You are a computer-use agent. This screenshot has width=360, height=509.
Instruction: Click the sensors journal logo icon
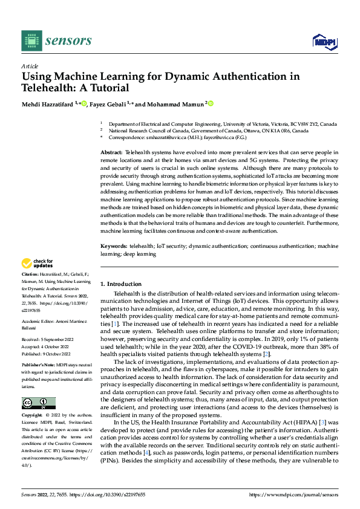click(31, 41)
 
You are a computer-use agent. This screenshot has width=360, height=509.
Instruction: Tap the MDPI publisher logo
click(322, 41)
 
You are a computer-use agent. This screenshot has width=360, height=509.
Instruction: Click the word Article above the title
click(30, 66)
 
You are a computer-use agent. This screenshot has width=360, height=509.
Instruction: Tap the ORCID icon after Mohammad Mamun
click(211, 104)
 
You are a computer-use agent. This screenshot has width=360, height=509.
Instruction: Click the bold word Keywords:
click(113, 247)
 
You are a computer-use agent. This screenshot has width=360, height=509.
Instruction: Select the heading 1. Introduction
click(120, 284)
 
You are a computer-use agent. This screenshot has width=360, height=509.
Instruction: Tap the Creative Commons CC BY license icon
click(38, 403)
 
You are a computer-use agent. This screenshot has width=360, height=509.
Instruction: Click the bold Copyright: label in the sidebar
click(33, 416)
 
